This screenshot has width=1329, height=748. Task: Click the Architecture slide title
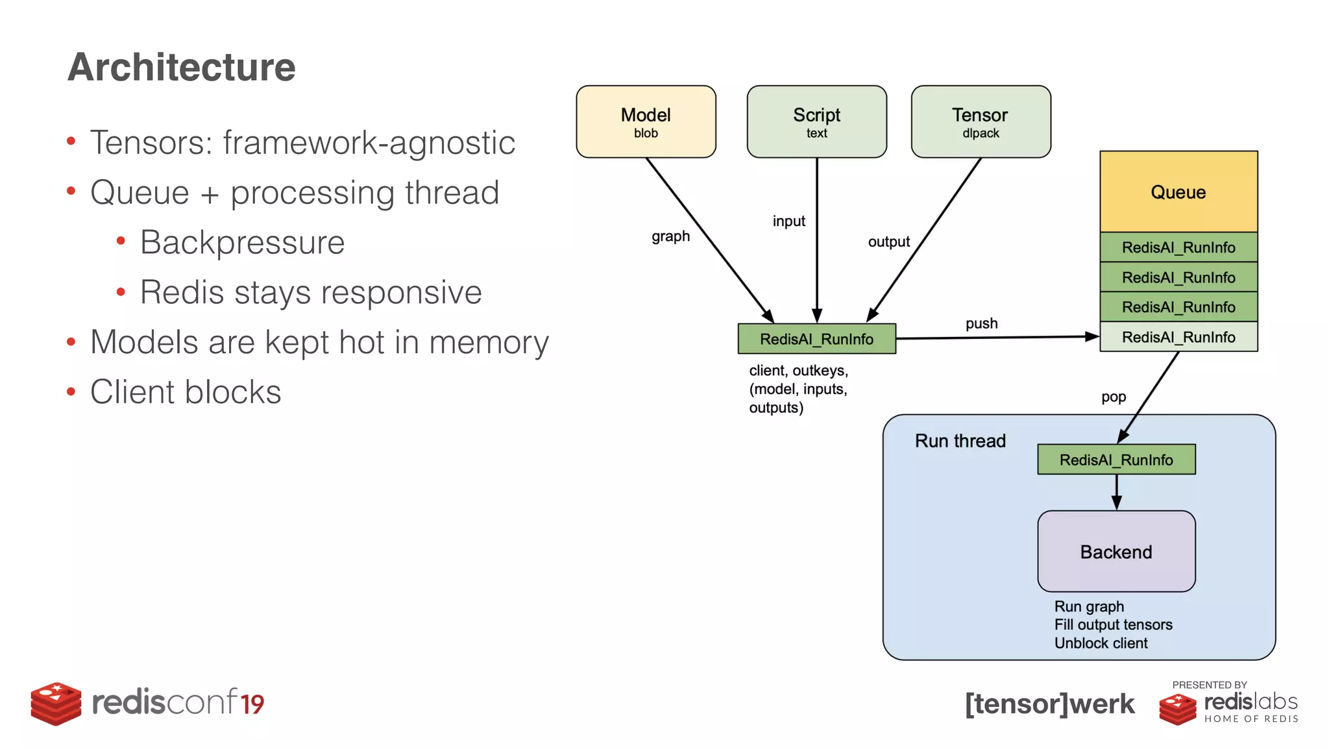181,67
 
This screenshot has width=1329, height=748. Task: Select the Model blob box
646,121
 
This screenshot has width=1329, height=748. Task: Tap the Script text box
816,121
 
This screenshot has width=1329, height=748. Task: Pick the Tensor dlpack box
981,121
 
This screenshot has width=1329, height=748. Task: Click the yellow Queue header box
1178,192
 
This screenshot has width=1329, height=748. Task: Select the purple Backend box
1116,551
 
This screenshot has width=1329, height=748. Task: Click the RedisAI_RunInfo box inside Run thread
1116,460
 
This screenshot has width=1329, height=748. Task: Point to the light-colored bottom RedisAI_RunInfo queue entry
1178,337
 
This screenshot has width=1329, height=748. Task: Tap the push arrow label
981,323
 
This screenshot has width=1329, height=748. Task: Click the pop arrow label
1113,397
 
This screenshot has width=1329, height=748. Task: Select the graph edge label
670,236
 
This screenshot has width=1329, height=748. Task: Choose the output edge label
888,242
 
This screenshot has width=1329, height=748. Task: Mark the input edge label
788,221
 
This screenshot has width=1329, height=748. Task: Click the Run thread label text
960,441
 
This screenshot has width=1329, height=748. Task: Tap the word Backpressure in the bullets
242,242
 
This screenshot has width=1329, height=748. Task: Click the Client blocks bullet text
186,392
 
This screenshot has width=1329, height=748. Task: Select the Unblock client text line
1101,643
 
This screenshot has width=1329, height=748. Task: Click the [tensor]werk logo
1049,704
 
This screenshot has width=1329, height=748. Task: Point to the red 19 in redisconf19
252,704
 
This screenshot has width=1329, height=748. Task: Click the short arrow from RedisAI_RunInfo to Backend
1116,492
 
